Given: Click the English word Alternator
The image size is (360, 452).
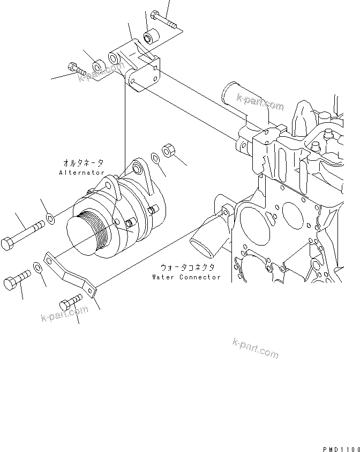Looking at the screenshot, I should (x=82, y=173).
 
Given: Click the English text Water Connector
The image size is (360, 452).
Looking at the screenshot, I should (x=186, y=277).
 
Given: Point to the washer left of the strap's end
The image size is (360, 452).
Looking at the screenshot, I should (x=39, y=267).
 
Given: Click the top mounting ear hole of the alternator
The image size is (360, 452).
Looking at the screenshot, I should (x=138, y=170).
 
